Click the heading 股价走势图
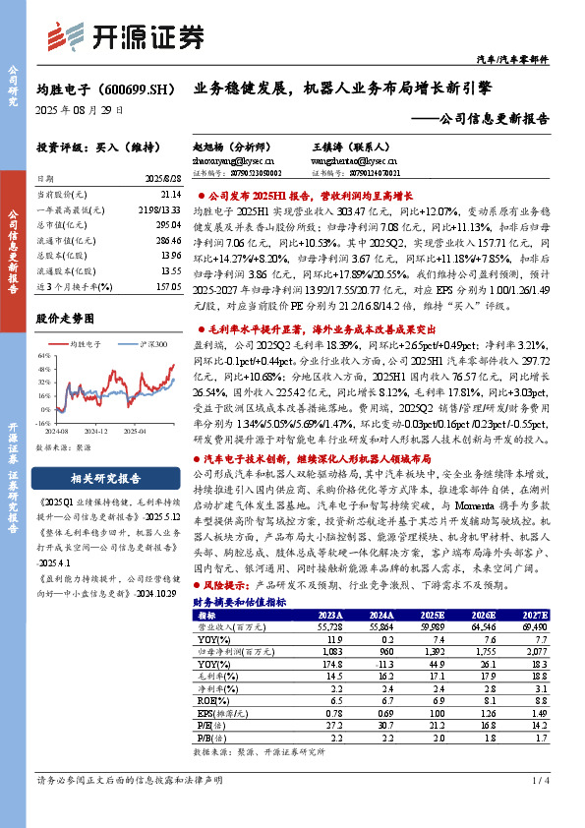coord(65,320)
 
